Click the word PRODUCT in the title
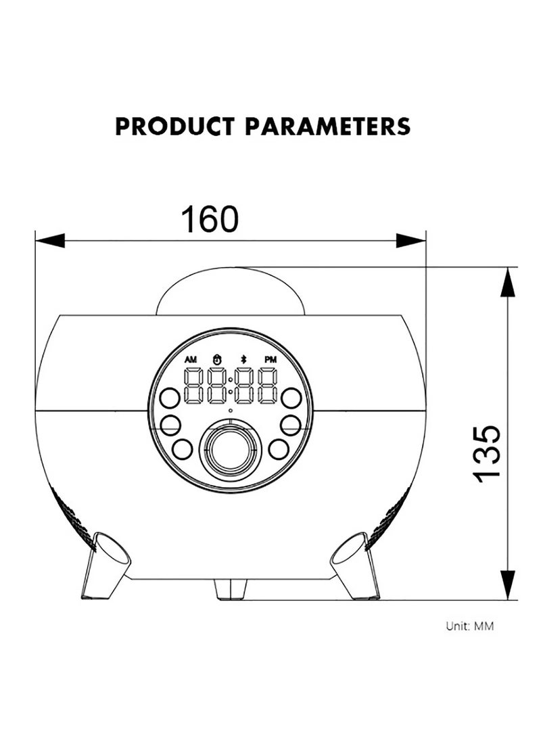(174, 126)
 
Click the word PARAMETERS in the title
(327, 126)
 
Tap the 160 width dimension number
(210, 219)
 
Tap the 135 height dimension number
(486, 454)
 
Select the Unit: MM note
(469, 626)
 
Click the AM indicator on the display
(191, 360)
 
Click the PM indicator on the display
(270, 360)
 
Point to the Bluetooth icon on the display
(243, 359)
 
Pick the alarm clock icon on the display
(217, 359)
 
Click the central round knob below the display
(230, 451)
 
